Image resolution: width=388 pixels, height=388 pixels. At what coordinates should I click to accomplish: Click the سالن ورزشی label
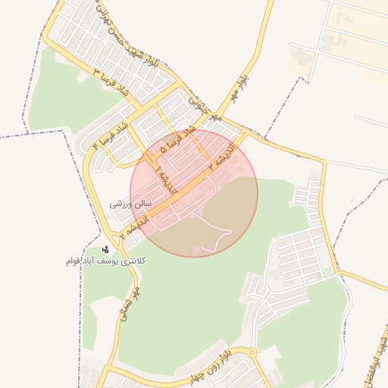click(131, 204)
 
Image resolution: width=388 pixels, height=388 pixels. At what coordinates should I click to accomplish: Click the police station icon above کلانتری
click(105, 249)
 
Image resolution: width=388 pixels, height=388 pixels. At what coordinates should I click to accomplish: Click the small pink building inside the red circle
click(197, 249)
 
